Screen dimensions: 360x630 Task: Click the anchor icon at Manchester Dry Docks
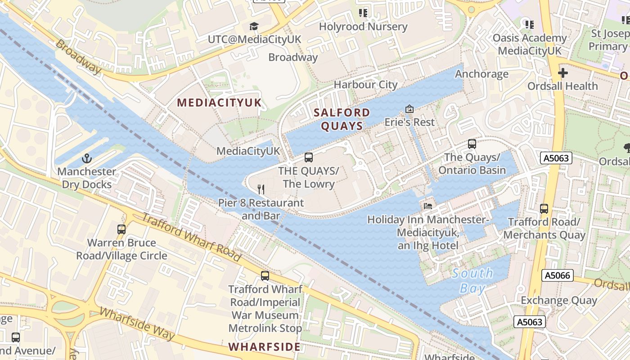point(86,158)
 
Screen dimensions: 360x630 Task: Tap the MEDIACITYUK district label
point(219,103)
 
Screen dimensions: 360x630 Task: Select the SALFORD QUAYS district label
point(342,119)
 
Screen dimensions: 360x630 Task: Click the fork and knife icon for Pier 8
point(261,189)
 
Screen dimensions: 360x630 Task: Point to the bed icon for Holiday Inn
point(428,206)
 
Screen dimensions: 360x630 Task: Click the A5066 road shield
point(558,275)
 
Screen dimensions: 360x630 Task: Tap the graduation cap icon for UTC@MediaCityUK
point(254,26)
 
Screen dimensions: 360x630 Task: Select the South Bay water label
point(472,280)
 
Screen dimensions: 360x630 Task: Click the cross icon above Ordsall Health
point(563,72)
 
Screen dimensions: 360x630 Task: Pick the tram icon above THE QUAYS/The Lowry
point(309,157)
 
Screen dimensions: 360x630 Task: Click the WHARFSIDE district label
point(264,346)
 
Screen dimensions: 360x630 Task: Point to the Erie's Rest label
point(409,122)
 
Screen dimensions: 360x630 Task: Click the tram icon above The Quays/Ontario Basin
point(472,144)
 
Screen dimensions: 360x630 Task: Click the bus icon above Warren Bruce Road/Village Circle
point(121,229)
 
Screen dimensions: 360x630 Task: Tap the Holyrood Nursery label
point(363,27)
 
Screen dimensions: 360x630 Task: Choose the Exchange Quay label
point(559,300)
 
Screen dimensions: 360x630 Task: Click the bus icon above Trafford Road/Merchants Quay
point(544,209)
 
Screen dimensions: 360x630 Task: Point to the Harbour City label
point(365,85)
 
